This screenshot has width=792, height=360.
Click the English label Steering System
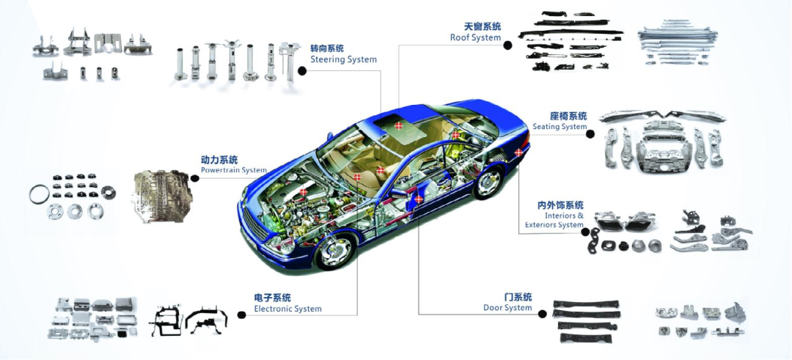pos(343,59)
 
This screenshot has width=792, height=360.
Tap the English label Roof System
pos(475,37)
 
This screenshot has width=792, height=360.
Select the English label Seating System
pos(560,127)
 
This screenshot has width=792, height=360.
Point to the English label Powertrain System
pos(233,170)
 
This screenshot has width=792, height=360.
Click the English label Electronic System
pos(287,309)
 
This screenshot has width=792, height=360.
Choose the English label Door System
pos(507,308)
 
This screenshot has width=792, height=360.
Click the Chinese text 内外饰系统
pos(560,205)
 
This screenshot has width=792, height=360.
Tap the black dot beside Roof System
pos(507,45)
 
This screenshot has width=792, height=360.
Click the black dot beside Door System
pos(543,314)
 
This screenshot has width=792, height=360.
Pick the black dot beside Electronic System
pos(241,315)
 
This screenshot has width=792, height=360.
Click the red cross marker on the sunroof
pos(398,126)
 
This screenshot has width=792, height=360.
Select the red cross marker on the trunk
pos(518,153)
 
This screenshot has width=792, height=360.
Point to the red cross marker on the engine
pos(304,192)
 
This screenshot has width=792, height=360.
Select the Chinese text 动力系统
pos(219,159)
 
